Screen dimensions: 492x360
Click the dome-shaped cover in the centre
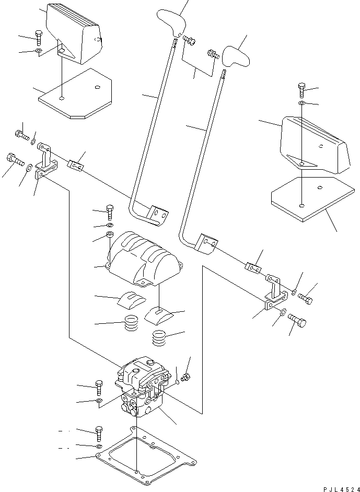click(144, 257)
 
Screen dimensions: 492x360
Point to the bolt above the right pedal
click(302, 89)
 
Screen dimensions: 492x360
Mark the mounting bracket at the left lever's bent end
click(158, 216)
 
